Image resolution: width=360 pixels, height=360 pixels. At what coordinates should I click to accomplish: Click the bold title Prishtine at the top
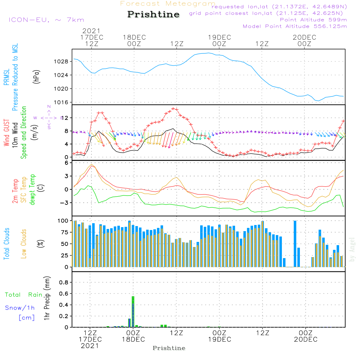click(153, 14)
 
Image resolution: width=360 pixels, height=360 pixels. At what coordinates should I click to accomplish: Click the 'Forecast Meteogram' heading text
click(168, 4)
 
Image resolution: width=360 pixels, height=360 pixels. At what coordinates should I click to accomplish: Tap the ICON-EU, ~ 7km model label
click(46, 20)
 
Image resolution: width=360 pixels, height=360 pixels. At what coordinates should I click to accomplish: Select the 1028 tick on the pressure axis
click(63, 62)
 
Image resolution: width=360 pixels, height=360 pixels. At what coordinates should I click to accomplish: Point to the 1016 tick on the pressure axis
click(63, 102)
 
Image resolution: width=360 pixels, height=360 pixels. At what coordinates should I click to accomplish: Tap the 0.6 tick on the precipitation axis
click(64, 293)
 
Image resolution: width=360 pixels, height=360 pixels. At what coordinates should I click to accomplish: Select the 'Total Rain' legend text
click(23, 295)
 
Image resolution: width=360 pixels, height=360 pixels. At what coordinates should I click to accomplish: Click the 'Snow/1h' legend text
click(20, 308)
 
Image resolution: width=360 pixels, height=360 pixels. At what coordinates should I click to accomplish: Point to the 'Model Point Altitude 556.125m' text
click(295, 26)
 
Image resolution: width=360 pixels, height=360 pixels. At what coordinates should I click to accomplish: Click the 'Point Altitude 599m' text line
click(313, 19)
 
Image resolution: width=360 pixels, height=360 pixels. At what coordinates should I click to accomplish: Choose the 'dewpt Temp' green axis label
click(33, 190)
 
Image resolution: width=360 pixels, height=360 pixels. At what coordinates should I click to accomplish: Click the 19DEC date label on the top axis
click(219, 37)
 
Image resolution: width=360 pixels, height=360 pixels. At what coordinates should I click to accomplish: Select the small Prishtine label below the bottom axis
click(169, 348)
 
